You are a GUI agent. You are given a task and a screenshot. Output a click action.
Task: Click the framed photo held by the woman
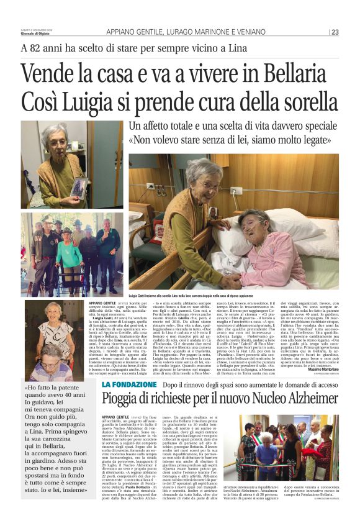[78, 186]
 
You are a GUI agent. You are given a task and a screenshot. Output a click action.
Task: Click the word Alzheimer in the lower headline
[305, 380]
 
